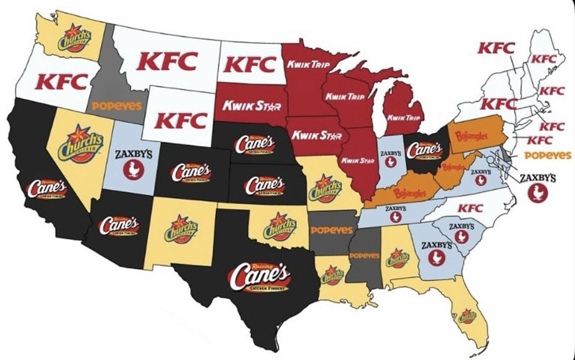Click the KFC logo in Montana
(167, 61)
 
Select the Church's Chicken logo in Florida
(467, 316)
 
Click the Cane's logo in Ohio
(425, 150)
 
